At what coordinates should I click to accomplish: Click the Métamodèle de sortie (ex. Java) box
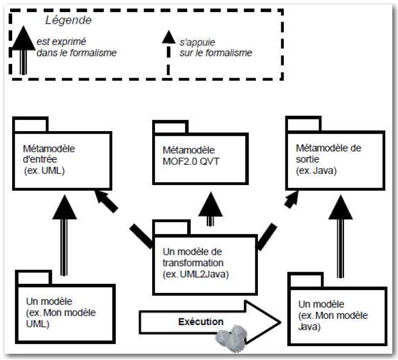(332, 159)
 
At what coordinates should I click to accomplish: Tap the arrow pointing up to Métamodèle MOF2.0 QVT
(210, 208)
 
